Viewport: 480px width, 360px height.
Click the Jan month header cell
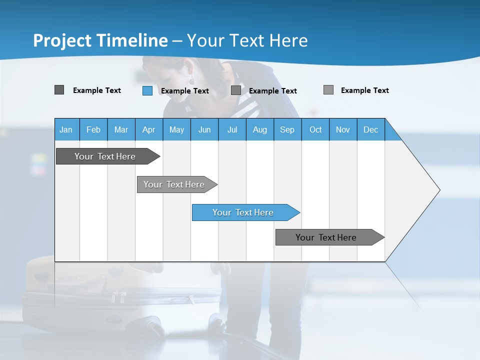tap(66, 129)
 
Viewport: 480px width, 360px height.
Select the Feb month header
tap(93, 129)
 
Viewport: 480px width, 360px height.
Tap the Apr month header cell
tap(149, 129)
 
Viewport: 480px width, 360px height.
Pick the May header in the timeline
tap(176, 129)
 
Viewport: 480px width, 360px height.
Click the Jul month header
tap(232, 129)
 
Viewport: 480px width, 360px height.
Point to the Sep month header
tap(287, 129)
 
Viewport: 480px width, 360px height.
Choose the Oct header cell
tap(315, 129)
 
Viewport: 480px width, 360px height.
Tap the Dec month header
tap(370, 129)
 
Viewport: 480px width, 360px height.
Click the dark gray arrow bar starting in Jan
tap(105, 156)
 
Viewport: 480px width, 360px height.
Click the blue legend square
tap(147, 90)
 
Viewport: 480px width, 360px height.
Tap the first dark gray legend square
tap(59, 90)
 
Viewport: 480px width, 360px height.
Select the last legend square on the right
tap(328, 90)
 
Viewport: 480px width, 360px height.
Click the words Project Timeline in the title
tap(100, 40)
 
